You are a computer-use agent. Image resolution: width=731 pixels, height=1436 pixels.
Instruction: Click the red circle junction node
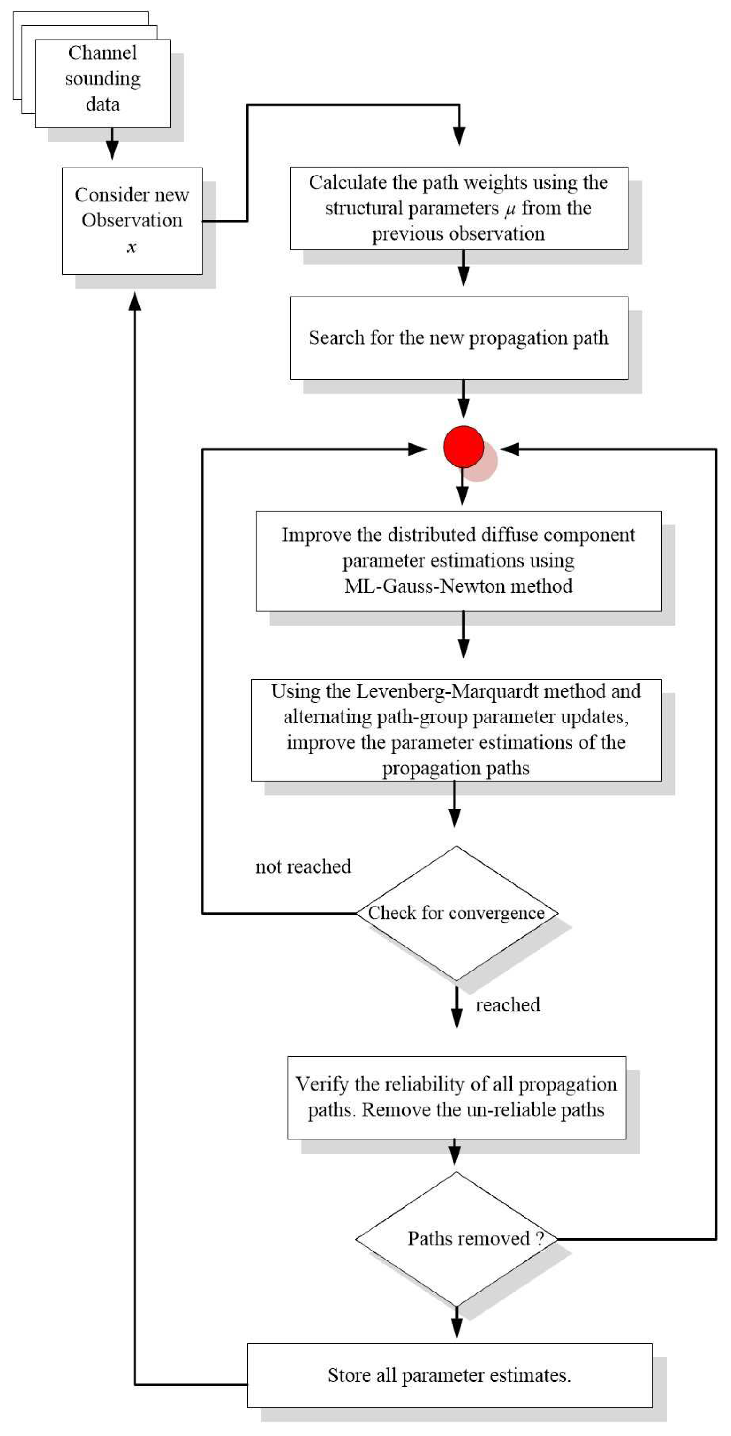tap(463, 447)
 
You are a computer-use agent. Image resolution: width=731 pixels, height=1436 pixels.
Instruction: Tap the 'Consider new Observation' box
tap(132, 220)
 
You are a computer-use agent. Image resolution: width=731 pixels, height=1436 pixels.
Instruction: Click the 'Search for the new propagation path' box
tap(459, 338)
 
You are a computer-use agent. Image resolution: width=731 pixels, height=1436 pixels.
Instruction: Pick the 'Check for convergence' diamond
tap(456, 913)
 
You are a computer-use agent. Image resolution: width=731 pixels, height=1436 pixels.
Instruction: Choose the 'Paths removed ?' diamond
tap(456, 1239)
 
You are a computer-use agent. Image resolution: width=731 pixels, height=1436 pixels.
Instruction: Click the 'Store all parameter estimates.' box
tap(450, 1375)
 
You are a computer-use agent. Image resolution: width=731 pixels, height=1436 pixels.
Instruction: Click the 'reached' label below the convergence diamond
tap(508, 1005)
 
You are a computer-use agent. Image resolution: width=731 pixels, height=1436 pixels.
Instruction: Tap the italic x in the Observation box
tap(132, 247)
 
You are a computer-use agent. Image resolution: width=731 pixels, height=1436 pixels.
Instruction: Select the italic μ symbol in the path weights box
tap(510, 209)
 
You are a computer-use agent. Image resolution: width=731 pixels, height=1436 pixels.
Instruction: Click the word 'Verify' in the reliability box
tap(321, 1084)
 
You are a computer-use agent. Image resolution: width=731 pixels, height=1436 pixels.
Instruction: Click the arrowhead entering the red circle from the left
tap(417, 449)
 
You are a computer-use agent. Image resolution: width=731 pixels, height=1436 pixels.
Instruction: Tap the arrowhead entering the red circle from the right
tap(510, 449)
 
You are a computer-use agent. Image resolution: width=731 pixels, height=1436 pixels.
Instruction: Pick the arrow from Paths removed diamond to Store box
tap(456, 1321)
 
